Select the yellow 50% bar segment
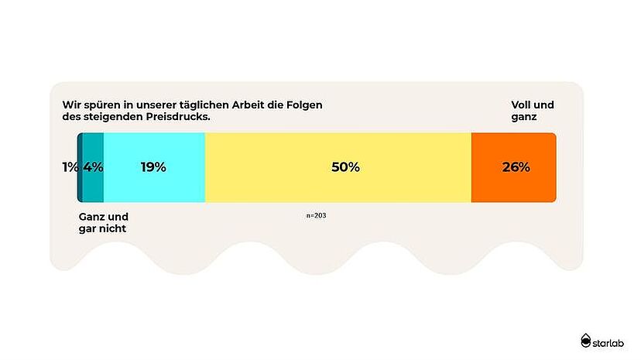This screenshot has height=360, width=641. pyautogui.click(x=338, y=186)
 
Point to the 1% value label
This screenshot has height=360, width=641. pyautogui.click(x=70, y=167)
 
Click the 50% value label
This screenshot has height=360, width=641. pyautogui.click(x=345, y=167)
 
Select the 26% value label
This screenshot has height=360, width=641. pyautogui.click(x=516, y=167)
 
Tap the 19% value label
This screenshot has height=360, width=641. pyautogui.click(x=153, y=167)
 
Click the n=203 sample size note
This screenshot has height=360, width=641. pyautogui.click(x=316, y=215)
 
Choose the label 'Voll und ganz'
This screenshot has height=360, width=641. pyautogui.click(x=533, y=111)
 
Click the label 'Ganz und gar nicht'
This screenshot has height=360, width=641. pyautogui.click(x=104, y=223)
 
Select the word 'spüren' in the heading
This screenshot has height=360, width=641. pyautogui.click(x=98, y=105)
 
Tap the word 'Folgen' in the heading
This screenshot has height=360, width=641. pyautogui.click(x=303, y=105)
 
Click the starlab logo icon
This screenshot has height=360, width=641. pyautogui.click(x=586, y=340)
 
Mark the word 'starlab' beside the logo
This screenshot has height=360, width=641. pyautogui.click(x=612, y=341)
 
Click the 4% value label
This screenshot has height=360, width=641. pyautogui.click(x=93, y=167)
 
